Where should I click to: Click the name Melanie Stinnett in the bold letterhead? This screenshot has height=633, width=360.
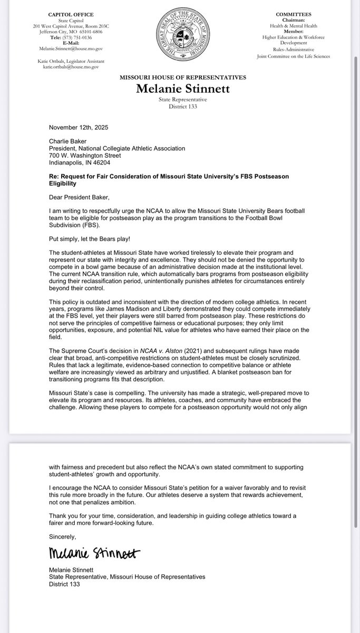[180, 89]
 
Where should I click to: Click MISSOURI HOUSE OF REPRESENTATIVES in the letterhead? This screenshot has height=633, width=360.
[180, 78]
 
